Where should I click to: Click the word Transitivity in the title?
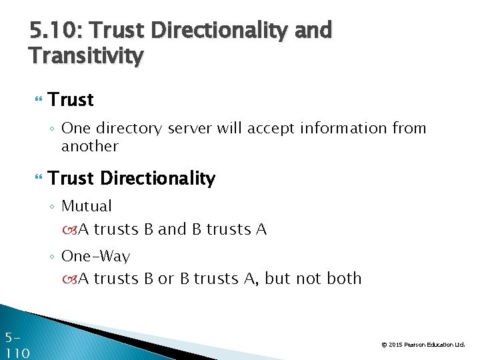86,55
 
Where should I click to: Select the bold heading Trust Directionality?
132,179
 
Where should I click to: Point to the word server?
191,128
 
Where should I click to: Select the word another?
89,146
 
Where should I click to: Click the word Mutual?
87,206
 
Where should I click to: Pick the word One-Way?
95,256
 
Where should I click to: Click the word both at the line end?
345,278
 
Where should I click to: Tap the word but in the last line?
276,278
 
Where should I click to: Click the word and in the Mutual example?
173,229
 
